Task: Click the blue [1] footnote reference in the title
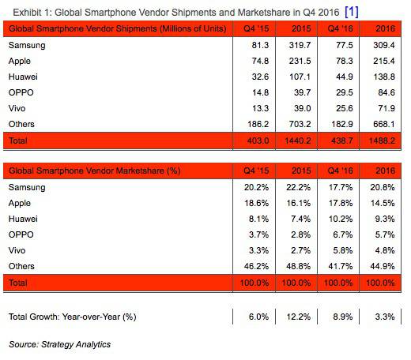[352, 12]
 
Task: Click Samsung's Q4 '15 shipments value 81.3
[260, 45]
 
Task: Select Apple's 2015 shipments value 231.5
[300, 61]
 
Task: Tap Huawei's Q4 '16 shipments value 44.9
[344, 77]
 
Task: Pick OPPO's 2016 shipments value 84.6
[386, 92]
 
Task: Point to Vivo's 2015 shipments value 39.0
[302, 108]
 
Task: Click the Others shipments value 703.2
[300, 124]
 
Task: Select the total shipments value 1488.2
[382, 141]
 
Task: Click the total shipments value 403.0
[258, 141]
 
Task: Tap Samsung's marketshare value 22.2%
[299, 187]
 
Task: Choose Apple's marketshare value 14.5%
[383, 203]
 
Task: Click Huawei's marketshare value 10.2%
[341, 219]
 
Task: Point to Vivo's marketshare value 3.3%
[258, 250]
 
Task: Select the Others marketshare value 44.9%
[383, 266]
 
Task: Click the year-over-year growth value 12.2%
[299, 317]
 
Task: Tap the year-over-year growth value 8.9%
[343, 317]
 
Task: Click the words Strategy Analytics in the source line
[76, 344]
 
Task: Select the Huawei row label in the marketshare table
[23, 219]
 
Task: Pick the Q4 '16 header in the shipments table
[340, 28]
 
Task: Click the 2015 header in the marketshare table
[301, 171]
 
